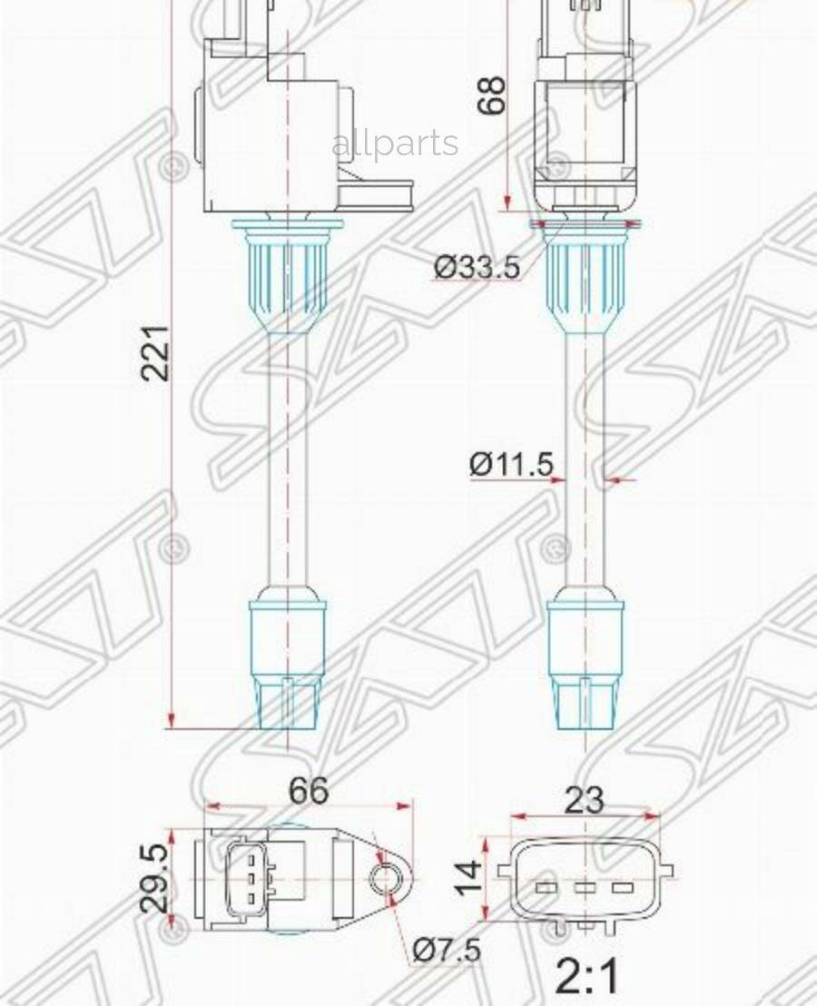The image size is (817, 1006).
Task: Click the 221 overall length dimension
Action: point(157,352)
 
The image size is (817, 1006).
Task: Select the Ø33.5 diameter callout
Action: point(477,267)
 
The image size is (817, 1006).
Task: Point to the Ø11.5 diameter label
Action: point(511,465)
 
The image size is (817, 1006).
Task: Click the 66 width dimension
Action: point(309,790)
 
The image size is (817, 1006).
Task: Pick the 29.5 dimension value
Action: point(154,878)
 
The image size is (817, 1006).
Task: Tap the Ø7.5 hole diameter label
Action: point(446,951)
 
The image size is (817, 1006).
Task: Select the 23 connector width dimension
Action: point(584,800)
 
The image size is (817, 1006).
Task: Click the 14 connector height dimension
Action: point(469,878)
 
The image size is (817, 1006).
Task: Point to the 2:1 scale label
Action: point(588,978)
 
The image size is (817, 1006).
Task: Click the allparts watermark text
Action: point(395,143)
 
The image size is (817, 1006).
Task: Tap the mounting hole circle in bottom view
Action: point(387,879)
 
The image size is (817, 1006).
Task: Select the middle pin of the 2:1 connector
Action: point(585,887)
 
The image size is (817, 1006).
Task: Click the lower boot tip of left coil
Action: point(288,703)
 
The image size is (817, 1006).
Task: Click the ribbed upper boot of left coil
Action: point(287,272)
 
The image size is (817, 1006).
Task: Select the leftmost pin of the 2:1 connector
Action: point(546,887)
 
